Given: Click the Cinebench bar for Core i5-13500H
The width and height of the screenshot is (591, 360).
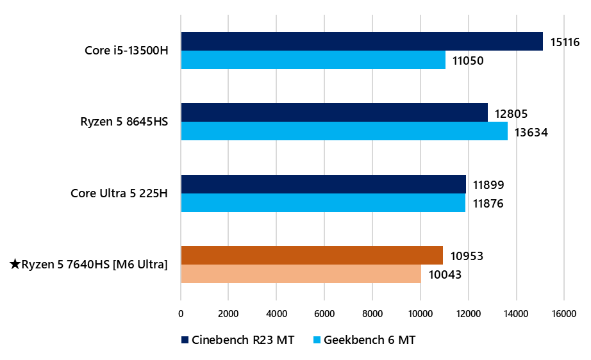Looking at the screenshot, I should coord(362,42).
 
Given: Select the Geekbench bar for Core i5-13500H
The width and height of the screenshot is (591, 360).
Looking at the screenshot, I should coord(313,60).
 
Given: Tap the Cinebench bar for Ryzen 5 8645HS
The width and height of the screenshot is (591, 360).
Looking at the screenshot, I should coord(334,113).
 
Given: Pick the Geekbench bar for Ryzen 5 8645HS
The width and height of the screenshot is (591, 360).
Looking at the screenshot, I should coord(344,131).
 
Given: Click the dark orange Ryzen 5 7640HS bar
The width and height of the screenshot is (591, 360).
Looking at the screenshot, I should coord(312,256).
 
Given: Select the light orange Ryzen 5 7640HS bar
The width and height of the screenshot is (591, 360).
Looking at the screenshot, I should coord(301,274).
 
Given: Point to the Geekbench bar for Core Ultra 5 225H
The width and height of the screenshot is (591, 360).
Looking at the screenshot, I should coord(323,203).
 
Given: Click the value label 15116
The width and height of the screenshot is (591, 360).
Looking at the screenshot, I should coord(565,43).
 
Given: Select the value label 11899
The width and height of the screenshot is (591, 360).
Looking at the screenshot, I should coord(488,186).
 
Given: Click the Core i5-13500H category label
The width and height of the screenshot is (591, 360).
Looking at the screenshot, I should coord(126,50).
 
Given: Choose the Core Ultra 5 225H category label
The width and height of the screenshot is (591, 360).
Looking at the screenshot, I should coord(119,193).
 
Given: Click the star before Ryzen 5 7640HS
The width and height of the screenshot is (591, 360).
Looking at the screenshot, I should coord(15,264).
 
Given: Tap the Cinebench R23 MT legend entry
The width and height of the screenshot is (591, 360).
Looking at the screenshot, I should coord(238,340).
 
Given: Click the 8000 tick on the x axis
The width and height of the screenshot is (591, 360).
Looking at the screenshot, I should coord(372,313).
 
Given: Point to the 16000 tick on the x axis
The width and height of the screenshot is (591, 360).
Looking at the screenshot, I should coord(563,313).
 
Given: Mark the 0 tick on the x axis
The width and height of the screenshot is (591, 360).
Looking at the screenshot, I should coord(181,313).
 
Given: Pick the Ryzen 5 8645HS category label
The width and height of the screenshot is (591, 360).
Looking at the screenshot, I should coord(124,121).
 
